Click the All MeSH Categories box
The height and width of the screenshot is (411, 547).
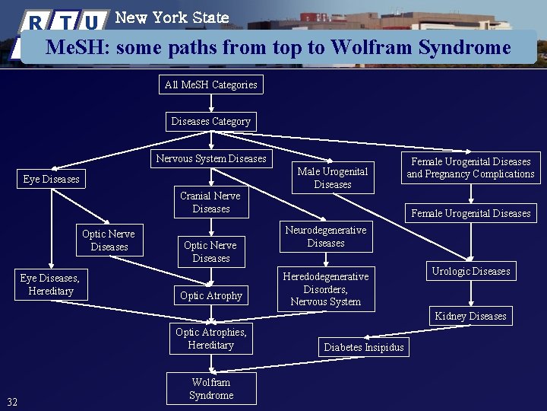(x=211, y=84)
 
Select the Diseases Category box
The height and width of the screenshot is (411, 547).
(x=211, y=121)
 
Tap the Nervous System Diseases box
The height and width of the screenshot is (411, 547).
(x=211, y=159)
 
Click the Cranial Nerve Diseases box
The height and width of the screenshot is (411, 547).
(x=211, y=202)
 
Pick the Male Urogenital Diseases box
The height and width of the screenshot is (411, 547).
(x=333, y=178)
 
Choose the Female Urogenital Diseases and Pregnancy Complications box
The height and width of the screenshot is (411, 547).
(x=470, y=168)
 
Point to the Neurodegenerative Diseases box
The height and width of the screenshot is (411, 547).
(x=326, y=237)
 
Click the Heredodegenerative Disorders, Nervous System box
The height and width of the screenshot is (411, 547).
(x=326, y=289)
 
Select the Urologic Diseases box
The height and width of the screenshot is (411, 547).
(x=471, y=272)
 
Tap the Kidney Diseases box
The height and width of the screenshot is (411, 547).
(x=470, y=316)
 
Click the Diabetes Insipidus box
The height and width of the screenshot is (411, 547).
(x=364, y=347)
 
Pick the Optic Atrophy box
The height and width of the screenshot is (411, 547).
(x=211, y=295)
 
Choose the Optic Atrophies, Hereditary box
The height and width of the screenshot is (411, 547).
(x=211, y=339)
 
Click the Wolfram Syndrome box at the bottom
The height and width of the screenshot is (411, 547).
(x=211, y=389)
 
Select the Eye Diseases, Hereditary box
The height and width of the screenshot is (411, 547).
(x=51, y=285)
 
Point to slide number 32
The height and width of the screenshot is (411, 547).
(x=12, y=402)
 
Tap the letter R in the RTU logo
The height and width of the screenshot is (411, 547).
(x=36, y=22)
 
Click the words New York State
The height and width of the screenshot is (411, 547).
(x=172, y=17)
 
